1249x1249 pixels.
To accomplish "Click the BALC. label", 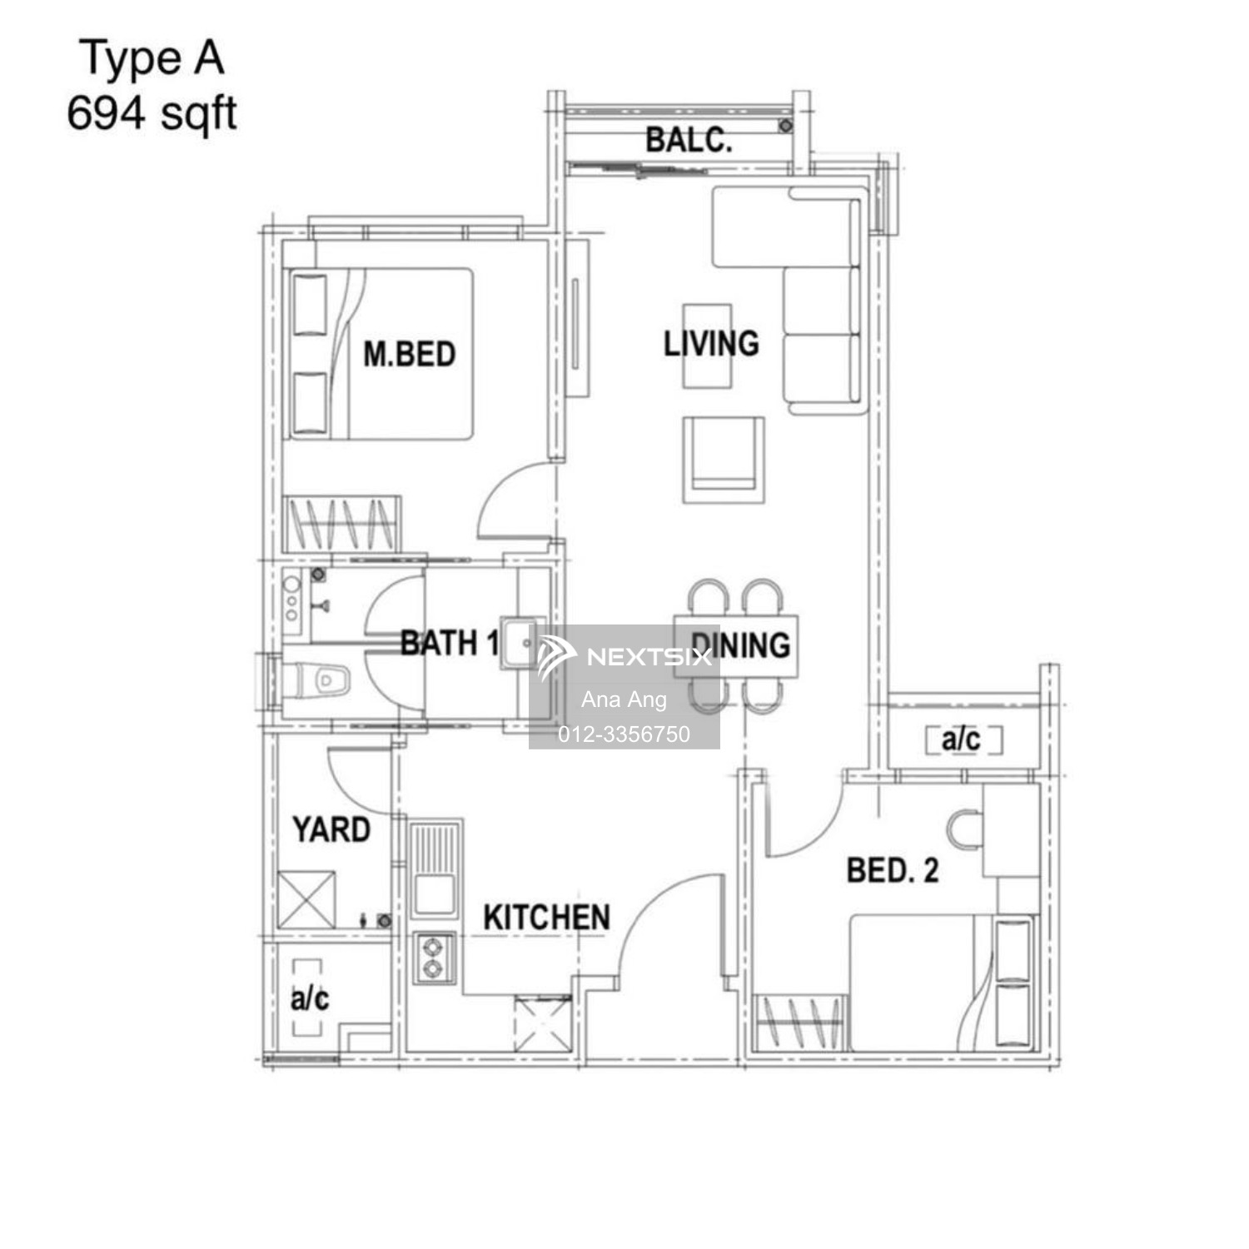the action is coord(689,140).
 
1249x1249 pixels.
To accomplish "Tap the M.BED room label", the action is coord(410,355).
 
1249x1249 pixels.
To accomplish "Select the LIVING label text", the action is coord(711,343).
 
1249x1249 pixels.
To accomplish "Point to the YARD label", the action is coord(331,829).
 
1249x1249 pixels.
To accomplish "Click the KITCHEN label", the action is coord(546,918).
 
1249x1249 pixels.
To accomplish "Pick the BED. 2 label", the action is coord(893,871).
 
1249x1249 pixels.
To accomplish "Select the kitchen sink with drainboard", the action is coord(435,868).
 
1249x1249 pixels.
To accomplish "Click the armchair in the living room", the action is coord(724,459).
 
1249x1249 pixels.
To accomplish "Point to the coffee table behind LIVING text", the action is coord(708,346).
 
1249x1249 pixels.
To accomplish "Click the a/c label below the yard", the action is coord(310,998).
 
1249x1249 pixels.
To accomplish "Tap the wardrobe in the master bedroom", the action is coord(342,525).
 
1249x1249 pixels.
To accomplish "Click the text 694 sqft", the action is coord(152,113).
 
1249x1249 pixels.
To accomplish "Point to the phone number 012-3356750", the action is coord(624,734).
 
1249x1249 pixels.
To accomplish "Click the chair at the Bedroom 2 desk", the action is coord(964,829).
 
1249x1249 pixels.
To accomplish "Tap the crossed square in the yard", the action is coord(306,899).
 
